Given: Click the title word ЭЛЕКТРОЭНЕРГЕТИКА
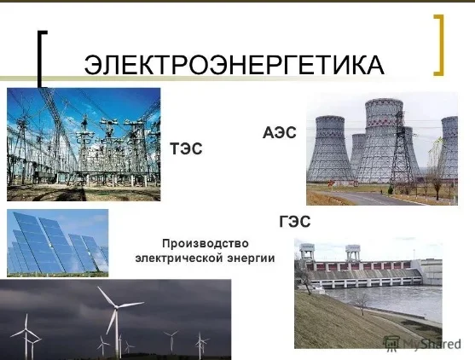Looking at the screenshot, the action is click(x=235, y=65).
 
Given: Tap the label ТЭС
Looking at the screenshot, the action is click(x=186, y=148).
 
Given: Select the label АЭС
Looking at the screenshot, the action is click(x=280, y=133).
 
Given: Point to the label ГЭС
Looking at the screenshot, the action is click(x=295, y=221).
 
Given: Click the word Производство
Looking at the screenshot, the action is click(x=205, y=243).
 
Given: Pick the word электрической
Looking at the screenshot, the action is click(x=178, y=258).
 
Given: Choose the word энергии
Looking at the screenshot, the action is click(x=252, y=258).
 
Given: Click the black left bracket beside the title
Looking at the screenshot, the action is click(x=41, y=59).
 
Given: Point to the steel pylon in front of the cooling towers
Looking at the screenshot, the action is click(x=402, y=148).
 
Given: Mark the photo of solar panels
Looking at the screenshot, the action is click(x=57, y=243).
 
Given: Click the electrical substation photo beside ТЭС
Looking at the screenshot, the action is click(x=84, y=144).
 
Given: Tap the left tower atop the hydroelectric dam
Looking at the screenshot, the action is click(x=306, y=252).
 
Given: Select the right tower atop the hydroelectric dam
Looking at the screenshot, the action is click(x=353, y=253).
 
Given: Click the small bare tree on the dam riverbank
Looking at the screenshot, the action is click(x=362, y=303).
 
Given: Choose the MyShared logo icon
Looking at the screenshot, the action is click(x=391, y=344).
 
